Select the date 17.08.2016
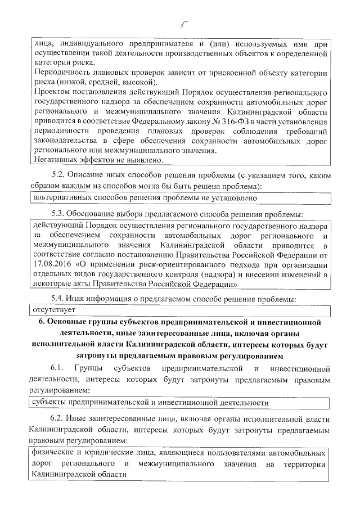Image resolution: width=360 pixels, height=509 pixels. coord(50,265)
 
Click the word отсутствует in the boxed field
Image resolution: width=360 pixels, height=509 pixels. coord(54,310)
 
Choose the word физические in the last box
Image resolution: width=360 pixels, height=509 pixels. coord(55,452)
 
